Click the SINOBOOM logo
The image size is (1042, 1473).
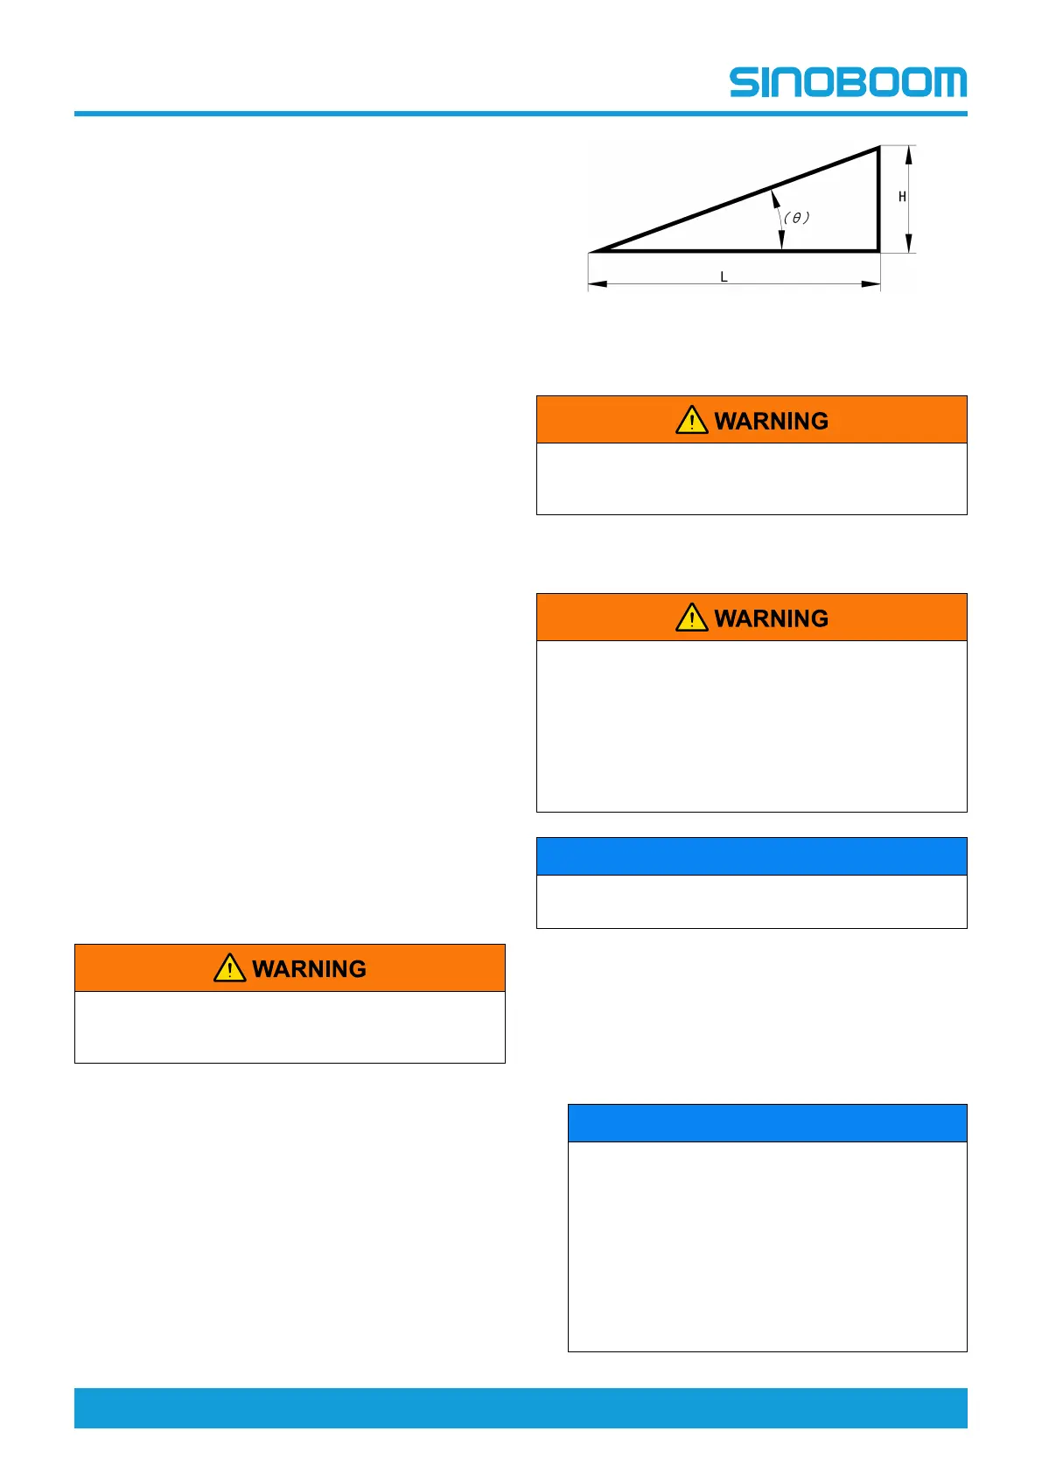pyautogui.click(x=848, y=82)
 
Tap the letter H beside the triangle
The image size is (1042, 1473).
pyautogui.click(x=902, y=197)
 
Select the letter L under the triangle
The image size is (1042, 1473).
pyautogui.click(x=724, y=276)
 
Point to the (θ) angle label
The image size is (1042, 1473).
pyautogui.click(x=796, y=217)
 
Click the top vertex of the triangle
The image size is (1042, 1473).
pyautogui.click(x=878, y=149)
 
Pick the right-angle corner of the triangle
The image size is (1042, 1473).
pyautogui.click(x=878, y=250)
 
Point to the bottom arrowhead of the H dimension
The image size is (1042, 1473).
pyautogui.click(x=909, y=244)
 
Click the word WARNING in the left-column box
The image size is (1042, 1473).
pyautogui.click(x=309, y=969)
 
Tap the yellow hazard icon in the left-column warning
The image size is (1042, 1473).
pyautogui.click(x=229, y=968)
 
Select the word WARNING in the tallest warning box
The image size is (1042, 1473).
pyautogui.click(x=771, y=618)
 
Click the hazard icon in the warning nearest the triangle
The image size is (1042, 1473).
pyautogui.click(x=691, y=421)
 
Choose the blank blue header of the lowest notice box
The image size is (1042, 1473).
pyautogui.click(x=767, y=1123)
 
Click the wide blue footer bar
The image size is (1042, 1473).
pyautogui.click(x=521, y=1407)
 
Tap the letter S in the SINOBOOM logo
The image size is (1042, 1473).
pyautogui.click(x=746, y=82)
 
